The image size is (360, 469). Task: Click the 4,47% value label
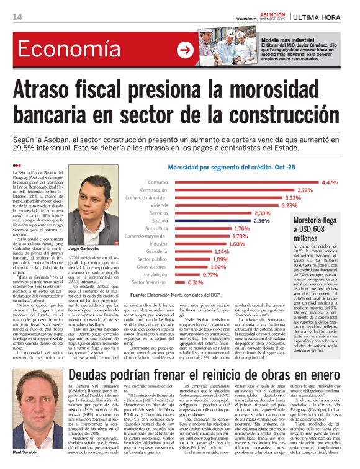[x=330, y=182]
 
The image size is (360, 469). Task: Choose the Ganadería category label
[x=157, y=251]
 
